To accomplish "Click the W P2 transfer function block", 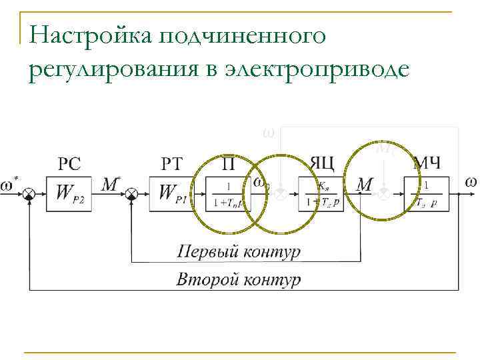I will (x=69, y=193).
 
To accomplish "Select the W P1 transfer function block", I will (x=172, y=193).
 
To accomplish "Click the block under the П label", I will (x=228, y=193).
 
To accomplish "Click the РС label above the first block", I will (x=71, y=163).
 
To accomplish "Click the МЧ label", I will (x=427, y=163).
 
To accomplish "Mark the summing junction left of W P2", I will (x=29, y=193).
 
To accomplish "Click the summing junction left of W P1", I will (x=132, y=193).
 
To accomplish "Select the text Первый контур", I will (x=239, y=252).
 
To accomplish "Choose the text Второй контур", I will (x=238, y=279).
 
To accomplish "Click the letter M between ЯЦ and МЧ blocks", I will (x=364, y=185).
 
